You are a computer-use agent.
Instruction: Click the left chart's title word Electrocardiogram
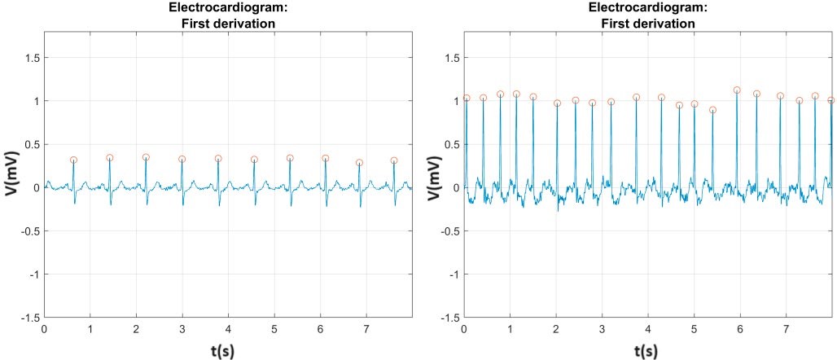point(226,9)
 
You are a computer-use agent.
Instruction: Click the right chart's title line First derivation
point(647,24)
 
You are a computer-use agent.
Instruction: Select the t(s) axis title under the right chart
point(647,349)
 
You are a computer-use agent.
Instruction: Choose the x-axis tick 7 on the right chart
point(786,329)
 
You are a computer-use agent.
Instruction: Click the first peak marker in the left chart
point(73,160)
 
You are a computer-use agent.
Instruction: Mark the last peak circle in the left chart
point(394,160)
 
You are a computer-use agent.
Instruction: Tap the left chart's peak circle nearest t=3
point(182,160)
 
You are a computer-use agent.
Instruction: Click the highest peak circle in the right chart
point(737,90)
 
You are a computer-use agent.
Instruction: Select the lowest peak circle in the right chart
point(712,110)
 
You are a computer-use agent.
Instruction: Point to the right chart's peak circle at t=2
point(557,103)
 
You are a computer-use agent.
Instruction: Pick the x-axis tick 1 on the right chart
point(510,329)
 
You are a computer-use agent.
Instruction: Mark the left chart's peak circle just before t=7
point(359,163)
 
